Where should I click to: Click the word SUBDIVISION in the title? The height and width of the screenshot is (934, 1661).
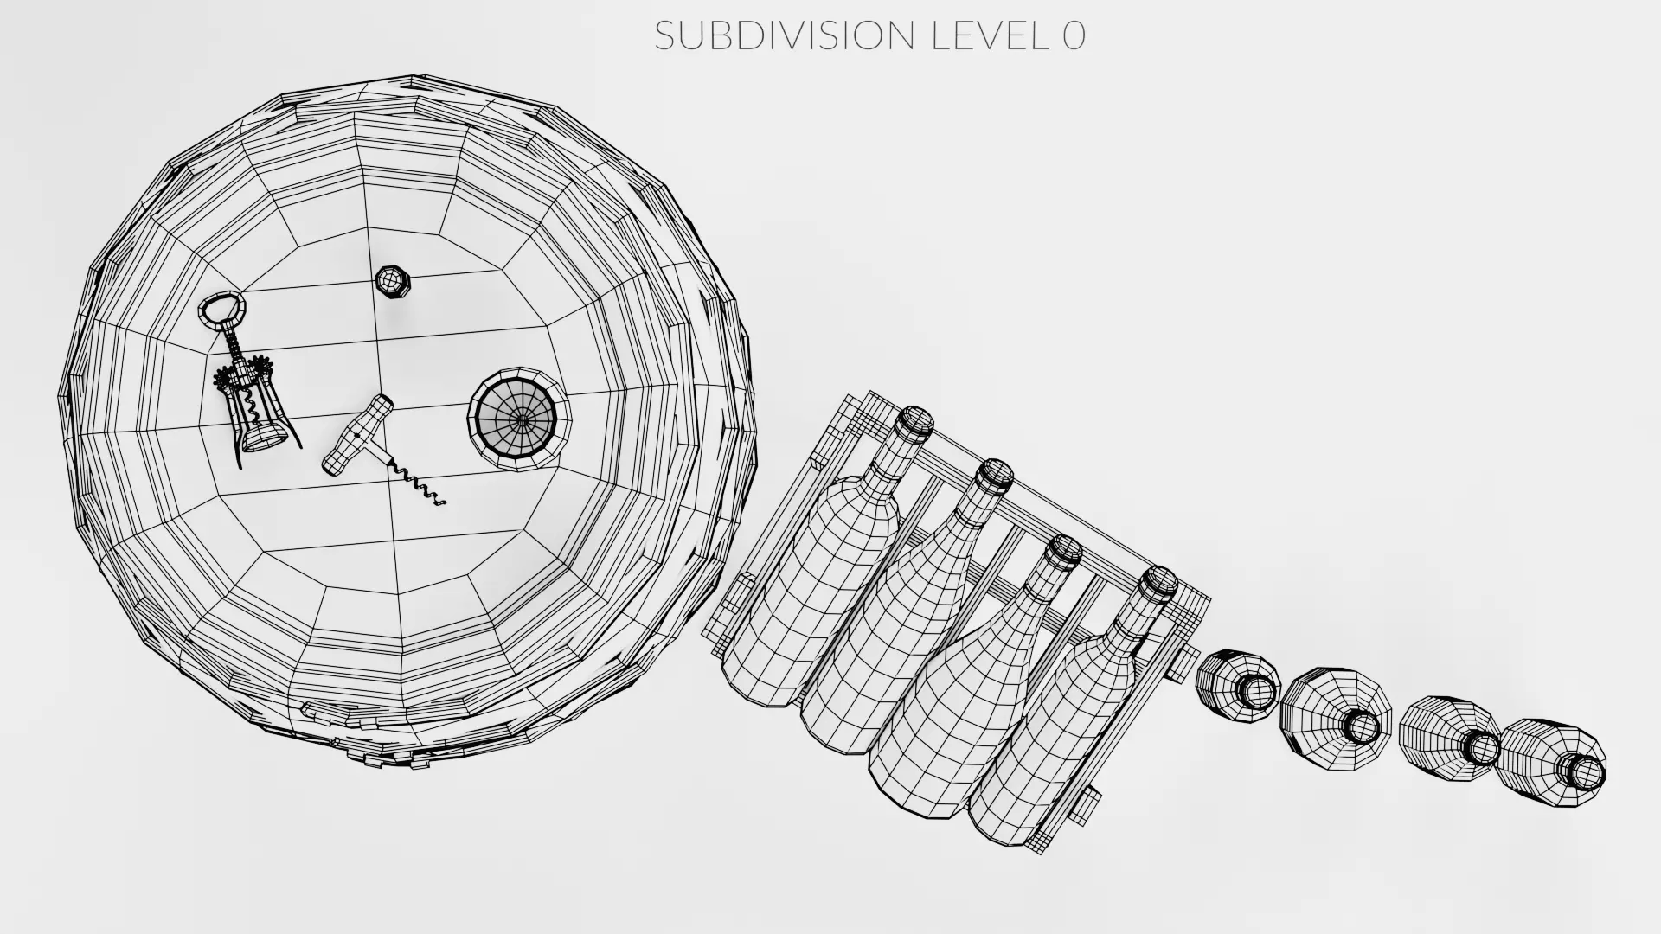pos(785,35)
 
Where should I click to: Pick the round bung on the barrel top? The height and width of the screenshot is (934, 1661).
pos(520,420)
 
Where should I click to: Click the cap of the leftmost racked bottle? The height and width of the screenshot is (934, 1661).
pos(914,425)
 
